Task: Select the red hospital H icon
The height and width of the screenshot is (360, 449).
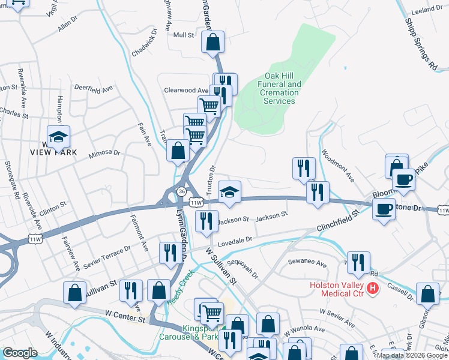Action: pos(373,289)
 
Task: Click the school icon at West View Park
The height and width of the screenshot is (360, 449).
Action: pos(58,137)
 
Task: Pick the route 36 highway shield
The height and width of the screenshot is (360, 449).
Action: pos(181,190)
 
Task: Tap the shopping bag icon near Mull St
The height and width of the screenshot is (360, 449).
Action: pos(213,43)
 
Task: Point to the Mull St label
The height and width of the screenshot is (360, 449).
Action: pos(184,35)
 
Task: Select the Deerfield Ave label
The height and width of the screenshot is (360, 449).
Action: pos(94,88)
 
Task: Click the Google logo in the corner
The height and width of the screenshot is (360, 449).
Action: pos(20,353)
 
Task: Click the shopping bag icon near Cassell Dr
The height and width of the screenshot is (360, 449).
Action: pos(427,295)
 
